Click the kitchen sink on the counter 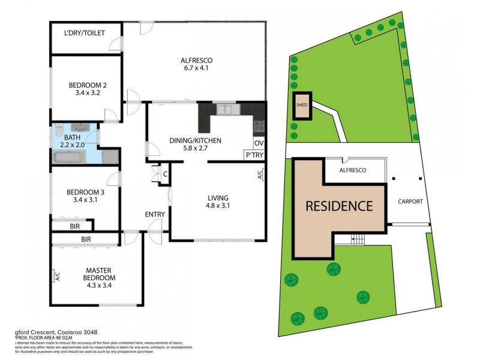226,109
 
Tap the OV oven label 259,143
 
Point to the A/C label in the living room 259,175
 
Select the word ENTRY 155,214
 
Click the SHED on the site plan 302,106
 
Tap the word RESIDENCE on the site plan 339,206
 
